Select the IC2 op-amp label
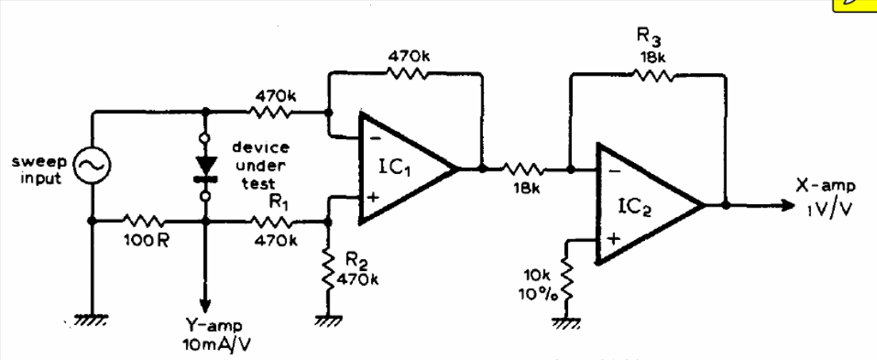tap(636, 208)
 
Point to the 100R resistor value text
tap(145, 241)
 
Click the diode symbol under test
tap(206, 168)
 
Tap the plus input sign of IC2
tap(613, 239)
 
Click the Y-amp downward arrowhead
tap(206, 305)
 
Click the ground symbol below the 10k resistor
tap(566, 321)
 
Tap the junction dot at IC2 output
tap(725, 205)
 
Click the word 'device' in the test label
tap(261, 148)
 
